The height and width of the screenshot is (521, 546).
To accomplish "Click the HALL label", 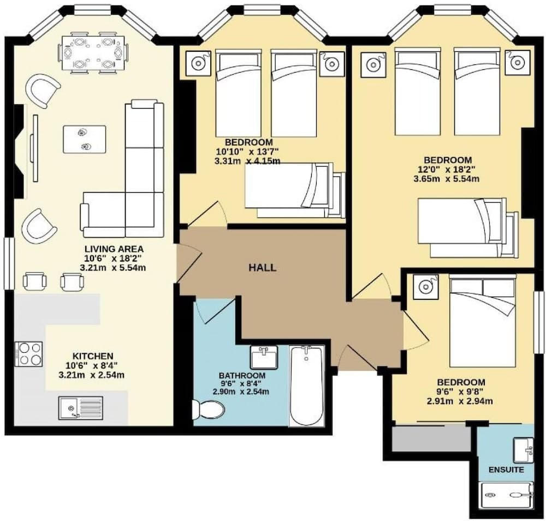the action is (263, 268).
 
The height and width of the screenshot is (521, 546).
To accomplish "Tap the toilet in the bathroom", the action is (209, 409).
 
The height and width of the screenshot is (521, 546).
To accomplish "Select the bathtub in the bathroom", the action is (306, 386).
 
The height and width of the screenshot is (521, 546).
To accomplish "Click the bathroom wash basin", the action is (264, 357).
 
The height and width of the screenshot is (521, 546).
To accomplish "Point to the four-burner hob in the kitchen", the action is (28, 354).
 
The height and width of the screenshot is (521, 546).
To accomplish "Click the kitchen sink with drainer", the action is (80, 408).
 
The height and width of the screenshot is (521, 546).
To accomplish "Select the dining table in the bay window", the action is (94, 52).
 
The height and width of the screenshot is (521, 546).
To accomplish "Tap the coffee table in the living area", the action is (84, 139).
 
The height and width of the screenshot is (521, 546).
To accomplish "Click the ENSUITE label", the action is (506, 470).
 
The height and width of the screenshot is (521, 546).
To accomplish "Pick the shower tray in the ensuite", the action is (507, 495).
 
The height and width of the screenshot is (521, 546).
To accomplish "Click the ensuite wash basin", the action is (524, 451).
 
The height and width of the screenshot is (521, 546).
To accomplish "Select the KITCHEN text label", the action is (93, 356).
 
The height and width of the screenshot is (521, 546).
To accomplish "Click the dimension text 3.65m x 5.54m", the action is (447, 179).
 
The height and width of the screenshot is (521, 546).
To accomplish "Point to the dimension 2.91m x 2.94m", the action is (460, 401).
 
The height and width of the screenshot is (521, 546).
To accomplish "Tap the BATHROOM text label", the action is (242, 376).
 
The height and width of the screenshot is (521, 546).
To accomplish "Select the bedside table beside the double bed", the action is (425, 287).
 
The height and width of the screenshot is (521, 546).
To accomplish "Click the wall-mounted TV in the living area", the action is (34, 148).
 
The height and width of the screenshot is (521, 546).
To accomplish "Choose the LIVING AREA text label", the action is (114, 249).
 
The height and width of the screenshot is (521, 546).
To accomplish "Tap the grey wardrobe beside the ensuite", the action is (431, 439).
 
